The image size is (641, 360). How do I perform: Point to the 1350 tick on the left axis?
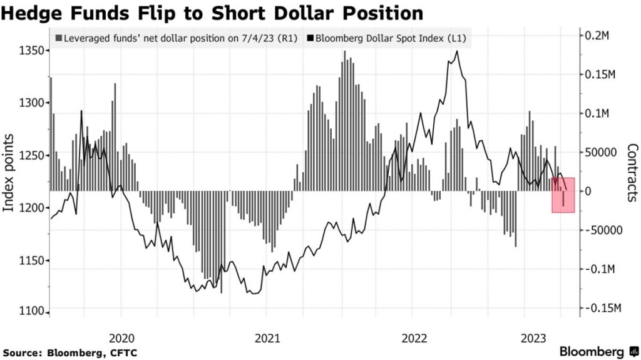31,51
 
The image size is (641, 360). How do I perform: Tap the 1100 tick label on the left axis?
31,312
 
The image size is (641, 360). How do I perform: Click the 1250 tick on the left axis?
31,155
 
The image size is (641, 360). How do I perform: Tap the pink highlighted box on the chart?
563,195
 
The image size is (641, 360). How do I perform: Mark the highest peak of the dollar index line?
458,51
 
